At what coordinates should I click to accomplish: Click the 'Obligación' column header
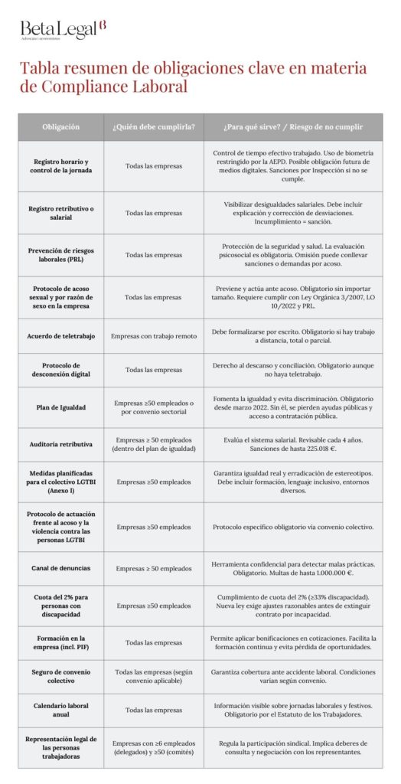[x=60, y=126]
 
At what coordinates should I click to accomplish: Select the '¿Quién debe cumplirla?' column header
[x=153, y=126]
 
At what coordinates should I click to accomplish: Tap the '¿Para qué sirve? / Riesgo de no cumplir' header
[x=293, y=126]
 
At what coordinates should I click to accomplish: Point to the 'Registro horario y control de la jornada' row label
[x=60, y=168]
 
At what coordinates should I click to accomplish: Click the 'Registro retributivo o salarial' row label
[x=60, y=213]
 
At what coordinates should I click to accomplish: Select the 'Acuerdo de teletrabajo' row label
[x=60, y=336]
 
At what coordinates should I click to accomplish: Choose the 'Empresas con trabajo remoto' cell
[x=153, y=336]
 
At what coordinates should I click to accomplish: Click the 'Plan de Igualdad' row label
[x=60, y=408]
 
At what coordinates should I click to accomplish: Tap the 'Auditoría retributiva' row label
[x=60, y=444]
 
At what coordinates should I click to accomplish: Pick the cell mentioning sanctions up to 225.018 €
[x=293, y=444]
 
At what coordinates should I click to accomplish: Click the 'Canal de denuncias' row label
[x=60, y=568]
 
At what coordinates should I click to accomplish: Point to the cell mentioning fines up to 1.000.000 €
[x=293, y=568]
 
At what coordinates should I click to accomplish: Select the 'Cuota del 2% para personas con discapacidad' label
[x=60, y=606]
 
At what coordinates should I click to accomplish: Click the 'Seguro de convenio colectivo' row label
[x=60, y=677]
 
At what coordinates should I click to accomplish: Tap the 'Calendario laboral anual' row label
[x=60, y=710]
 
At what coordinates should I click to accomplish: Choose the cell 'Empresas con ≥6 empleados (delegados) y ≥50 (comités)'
[x=153, y=748]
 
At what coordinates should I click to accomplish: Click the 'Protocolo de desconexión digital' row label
[x=60, y=370]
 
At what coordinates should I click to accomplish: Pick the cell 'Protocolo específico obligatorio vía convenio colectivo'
[x=293, y=527]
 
